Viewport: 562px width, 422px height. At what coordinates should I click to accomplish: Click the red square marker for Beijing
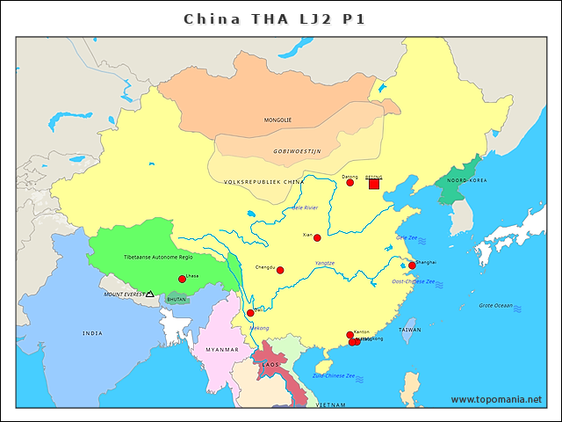(374, 184)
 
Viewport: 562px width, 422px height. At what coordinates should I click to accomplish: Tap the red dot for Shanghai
(412, 266)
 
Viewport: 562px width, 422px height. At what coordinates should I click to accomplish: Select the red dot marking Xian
(317, 237)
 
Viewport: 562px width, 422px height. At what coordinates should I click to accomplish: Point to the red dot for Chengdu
(280, 270)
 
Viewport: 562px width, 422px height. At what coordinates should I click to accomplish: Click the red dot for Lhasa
(182, 280)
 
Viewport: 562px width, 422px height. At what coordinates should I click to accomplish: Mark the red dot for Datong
(353, 184)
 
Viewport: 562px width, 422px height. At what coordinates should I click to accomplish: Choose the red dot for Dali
(250, 313)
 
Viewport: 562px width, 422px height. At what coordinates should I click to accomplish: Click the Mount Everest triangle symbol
(150, 294)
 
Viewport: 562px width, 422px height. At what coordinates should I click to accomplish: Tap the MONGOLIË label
(277, 120)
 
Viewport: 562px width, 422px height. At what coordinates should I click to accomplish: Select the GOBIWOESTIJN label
(297, 151)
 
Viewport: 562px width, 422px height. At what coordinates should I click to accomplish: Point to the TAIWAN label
(410, 331)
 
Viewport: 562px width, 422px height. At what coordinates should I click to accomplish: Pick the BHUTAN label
(177, 300)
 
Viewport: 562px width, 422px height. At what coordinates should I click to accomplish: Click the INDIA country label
(92, 333)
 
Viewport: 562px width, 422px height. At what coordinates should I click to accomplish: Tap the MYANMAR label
(221, 350)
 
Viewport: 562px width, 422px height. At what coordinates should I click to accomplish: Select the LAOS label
(270, 364)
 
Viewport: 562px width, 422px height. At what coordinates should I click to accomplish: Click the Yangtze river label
(324, 263)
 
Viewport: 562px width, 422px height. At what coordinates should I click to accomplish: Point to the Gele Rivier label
(305, 208)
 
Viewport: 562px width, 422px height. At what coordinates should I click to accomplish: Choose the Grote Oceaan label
(495, 305)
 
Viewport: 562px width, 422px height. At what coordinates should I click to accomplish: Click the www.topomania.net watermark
(496, 399)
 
